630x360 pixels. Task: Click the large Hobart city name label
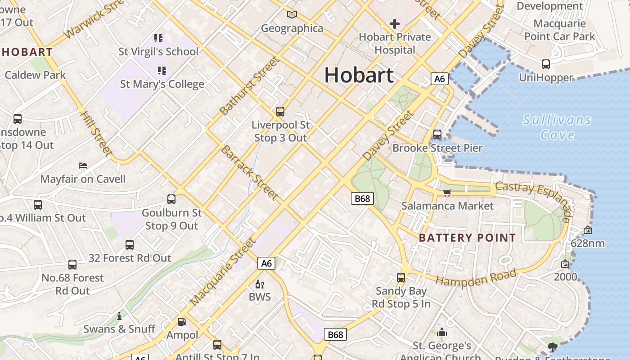pyautogui.click(x=359, y=75)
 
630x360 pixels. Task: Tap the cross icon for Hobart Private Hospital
pyautogui.click(x=395, y=23)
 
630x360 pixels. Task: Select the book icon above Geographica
pyautogui.click(x=292, y=14)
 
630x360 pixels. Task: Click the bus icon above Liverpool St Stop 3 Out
pyautogui.click(x=280, y=111)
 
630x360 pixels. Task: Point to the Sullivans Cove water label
pyautogui.click(x=557, y=127)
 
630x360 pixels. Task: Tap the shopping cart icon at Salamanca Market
pyautogui.click(x=447, y=193)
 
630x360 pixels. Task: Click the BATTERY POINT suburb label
pyautogui.click(x=467, y=238)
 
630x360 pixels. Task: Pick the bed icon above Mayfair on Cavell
pyautogui.click(x=83, y=166)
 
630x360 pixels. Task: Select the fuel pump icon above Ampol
pyautogui.click(x=182, y=321)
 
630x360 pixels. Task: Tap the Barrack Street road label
pyautogui.click(x=249, y=172)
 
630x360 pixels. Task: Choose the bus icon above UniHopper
pyautogui.click(x=546, y=64)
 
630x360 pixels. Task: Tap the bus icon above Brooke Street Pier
pyautogui.click(x=437, y=134)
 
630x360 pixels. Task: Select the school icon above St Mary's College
pyautogui.click(x=162, y=70)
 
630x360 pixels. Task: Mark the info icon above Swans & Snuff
pyautogui.click(x=119, y=316)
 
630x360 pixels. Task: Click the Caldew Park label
pyautogui.click(x=36, y=75)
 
